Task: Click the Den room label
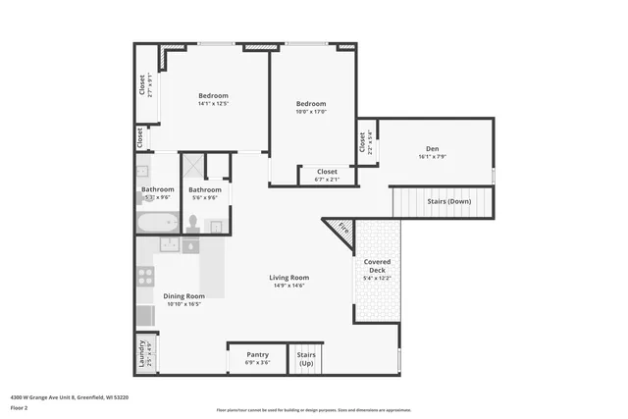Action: (x=432, y=148)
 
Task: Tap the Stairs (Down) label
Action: (x=448, y=201)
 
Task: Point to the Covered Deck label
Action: (x=378, y=262)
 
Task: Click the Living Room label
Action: (x=289, y=278)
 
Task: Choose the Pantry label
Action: (x=257, y=354)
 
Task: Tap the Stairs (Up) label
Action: (x=306, y=358)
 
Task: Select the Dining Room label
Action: (x=183, y=295)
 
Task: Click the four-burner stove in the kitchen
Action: (x=145, y=277)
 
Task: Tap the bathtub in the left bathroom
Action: (x=156, y=222)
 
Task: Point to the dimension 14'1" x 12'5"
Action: (x=213, y=103)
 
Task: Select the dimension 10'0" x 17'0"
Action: (x=311, y=112)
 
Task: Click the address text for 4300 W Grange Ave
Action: (x=69, y=397)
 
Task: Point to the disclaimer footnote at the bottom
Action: (x=314, y=410)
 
